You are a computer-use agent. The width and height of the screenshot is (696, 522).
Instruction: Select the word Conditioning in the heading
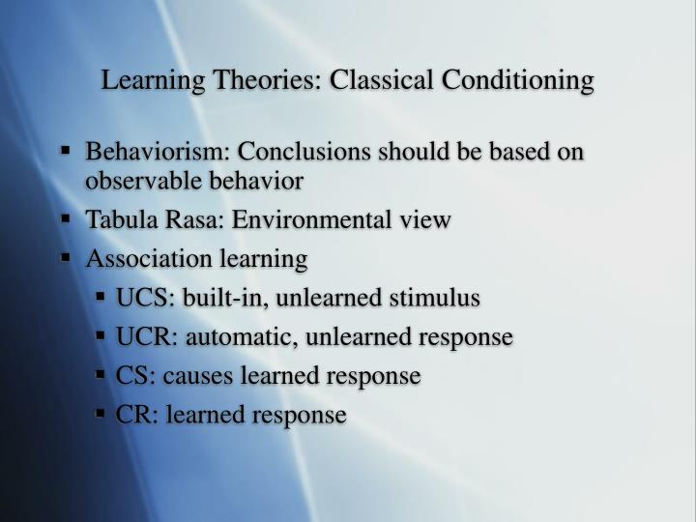(x=518, y=80)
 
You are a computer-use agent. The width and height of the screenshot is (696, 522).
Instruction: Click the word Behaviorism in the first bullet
(x=157, y=153)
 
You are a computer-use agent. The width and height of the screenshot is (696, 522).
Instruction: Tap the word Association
(x=142, y=259)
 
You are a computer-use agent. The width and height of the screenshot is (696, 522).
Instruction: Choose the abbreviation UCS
(x=139, y=298)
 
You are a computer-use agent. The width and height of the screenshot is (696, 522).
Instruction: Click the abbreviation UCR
(x=140, y=336)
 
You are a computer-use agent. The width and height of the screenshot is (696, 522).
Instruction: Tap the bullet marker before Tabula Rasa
(x=67, y=219)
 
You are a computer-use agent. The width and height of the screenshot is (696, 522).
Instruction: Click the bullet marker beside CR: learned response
(x=101, y=414)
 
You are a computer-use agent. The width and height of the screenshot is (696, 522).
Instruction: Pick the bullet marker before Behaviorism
(x=67, y=152)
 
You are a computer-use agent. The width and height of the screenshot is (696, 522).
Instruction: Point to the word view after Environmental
(x=426, y=220)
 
